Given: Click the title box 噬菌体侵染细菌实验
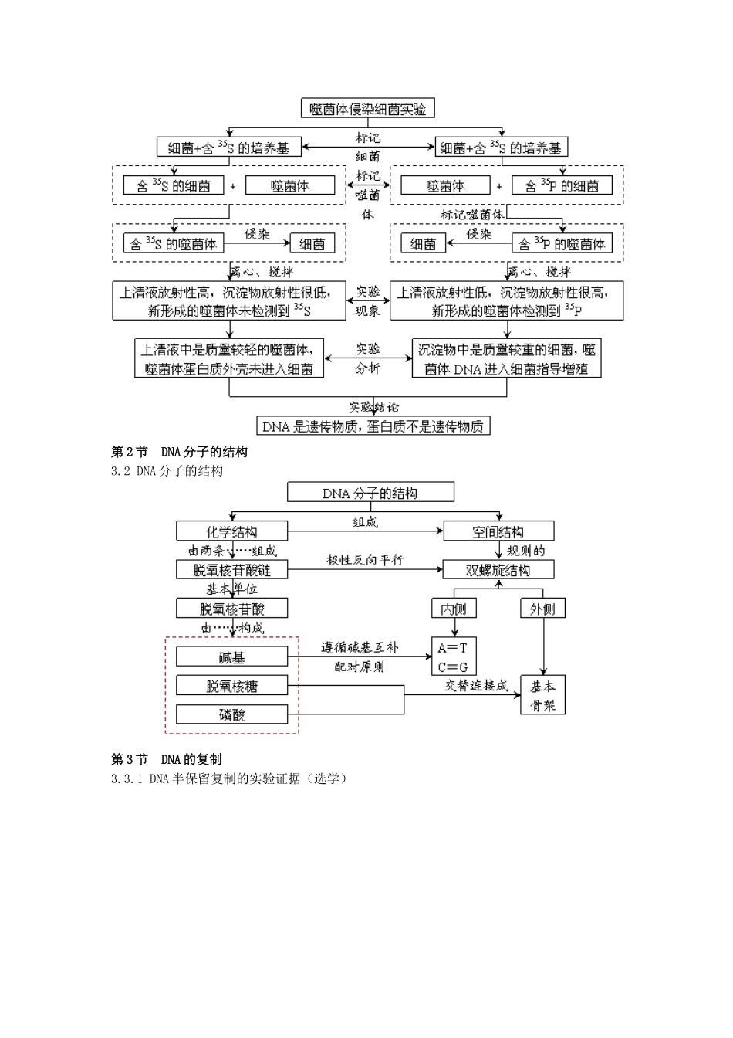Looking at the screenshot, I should click(367, 109).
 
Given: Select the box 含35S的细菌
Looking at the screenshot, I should click(173, 185).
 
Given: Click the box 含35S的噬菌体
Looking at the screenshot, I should click(173, 244).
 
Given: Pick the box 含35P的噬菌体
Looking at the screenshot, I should click(561, 244).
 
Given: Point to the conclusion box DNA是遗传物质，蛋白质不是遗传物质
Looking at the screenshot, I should click(373, 426).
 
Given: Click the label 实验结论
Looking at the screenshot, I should click(373, 407).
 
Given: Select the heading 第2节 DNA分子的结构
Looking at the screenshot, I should click(179, 452).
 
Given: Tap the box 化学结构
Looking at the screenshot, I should click(231, 531).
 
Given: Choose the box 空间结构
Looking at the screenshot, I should click(498, 531).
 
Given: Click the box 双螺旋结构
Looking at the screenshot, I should click(498, 570).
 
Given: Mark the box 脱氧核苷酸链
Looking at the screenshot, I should click(231, 570).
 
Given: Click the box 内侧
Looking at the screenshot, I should click(454, 609).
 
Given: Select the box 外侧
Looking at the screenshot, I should click(542, 609).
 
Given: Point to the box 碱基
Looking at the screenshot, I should click(231, 657).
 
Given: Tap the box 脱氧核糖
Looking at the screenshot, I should click(231, 686).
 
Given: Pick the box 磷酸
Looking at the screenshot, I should click(231, 714).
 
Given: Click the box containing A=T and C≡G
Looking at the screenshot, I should click(454, 657).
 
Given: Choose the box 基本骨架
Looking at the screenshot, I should click(543, 695).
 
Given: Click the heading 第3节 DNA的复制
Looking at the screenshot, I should click(166, 759).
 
